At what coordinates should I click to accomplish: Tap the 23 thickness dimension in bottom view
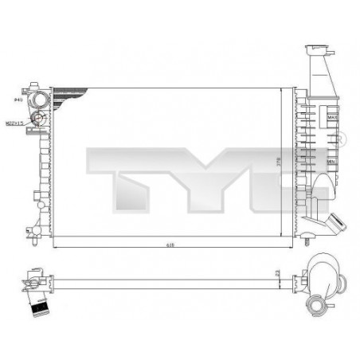coord(275,274)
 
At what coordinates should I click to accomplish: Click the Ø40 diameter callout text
coord(18,100)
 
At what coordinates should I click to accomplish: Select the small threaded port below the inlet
coord(37,121)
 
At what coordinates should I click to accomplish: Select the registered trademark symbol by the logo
coord(341,140)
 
